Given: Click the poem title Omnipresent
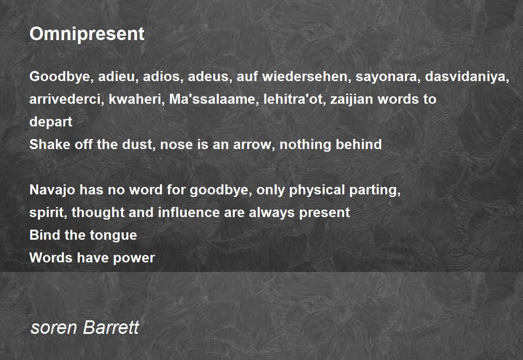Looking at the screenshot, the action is coord(87,34).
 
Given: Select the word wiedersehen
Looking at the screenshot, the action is coord(305,76).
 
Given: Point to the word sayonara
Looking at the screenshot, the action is coord(386,77).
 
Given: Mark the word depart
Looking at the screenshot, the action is coord(51,122).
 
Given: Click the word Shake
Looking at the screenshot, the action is coord(50,144).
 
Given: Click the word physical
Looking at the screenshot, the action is coord(317,190).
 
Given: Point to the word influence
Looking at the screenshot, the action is coord(189,212).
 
